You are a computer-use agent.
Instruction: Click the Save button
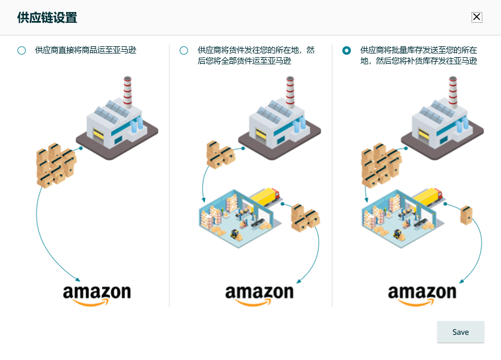pos(460,332)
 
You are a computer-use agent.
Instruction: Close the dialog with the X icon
pos(476,17)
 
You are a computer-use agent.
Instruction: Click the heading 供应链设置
pos(47,17)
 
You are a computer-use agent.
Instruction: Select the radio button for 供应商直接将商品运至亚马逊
pos(22,50)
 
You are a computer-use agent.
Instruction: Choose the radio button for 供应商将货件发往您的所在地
pos(184,50)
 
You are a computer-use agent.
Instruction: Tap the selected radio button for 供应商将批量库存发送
pos(347,50)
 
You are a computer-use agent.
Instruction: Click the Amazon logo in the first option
pos(97,294)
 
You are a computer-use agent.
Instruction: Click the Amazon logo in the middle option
pos(259,294)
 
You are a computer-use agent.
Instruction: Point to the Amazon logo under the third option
pos(422,294)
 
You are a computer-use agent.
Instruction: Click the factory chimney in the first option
pos(127,91)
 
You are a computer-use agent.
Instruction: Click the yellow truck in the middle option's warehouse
pos(264,196)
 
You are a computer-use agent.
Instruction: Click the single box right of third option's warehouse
pos(466,215)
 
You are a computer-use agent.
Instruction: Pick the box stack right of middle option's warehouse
pos(305,218)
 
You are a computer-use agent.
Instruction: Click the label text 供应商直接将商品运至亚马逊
pos(85,50)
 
